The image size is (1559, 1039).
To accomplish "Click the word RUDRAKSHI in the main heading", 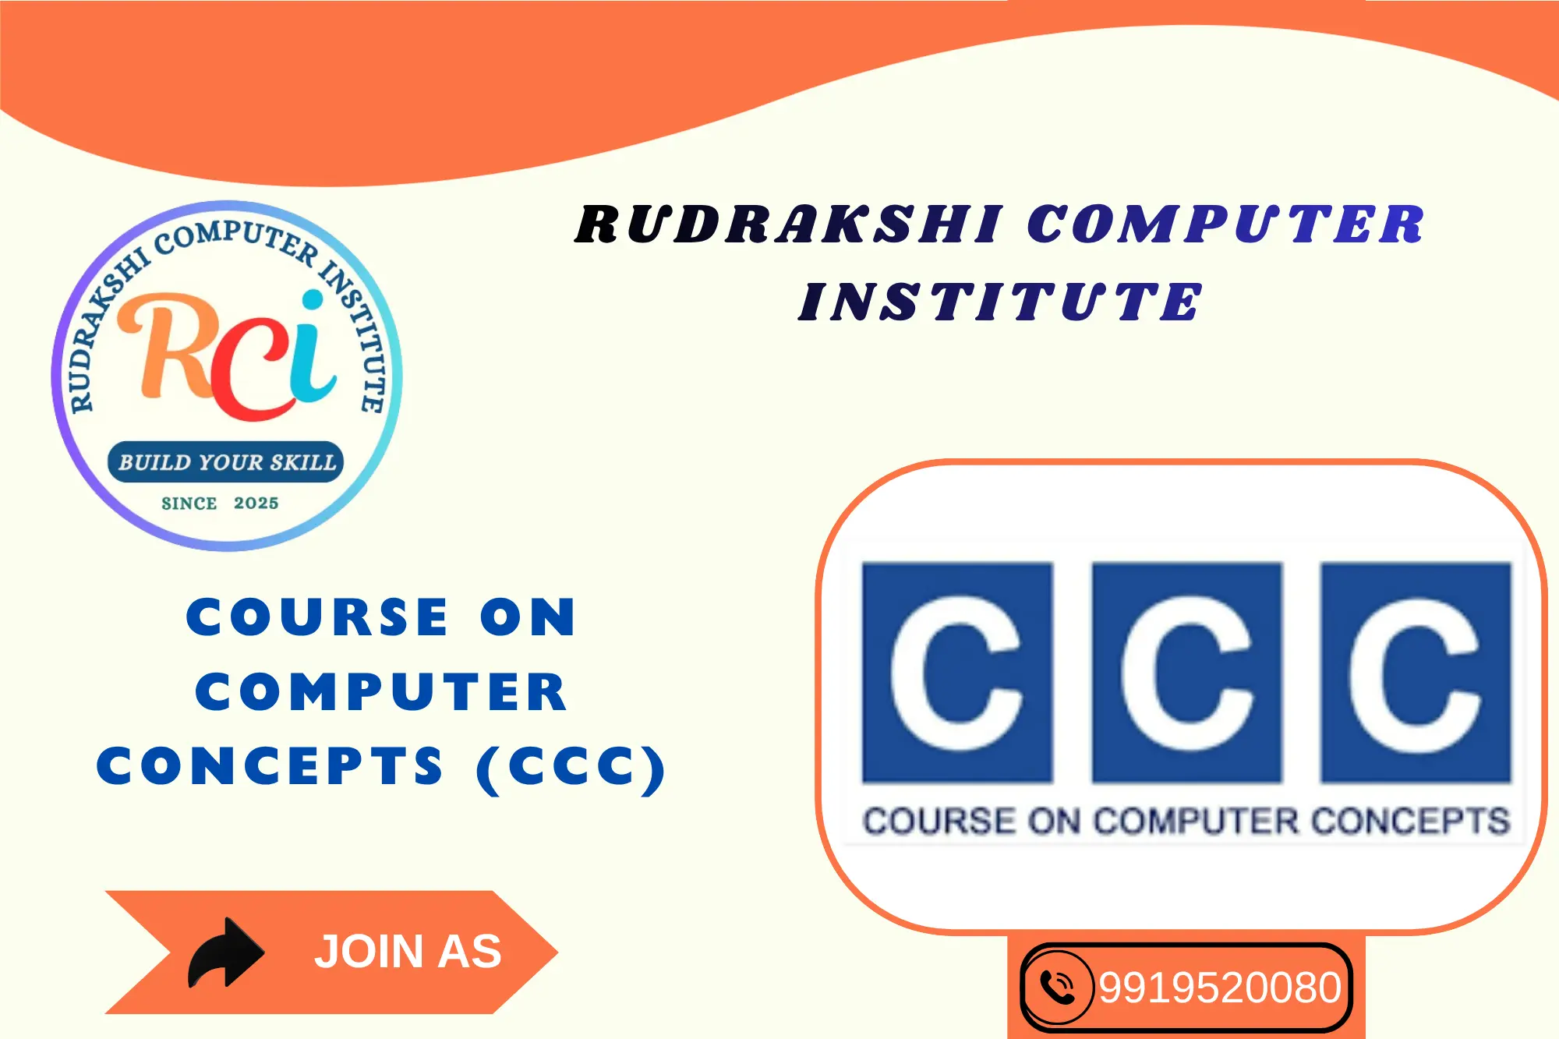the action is pyautogui.click(x=789, y=224).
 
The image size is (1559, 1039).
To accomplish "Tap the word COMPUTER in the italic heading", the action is pyautogui.click(x=1226, y=224).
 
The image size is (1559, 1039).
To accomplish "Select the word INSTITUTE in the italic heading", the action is pyautogui.click(x=1001, y=302).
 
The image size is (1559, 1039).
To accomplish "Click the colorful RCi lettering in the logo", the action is pyautogui.click(x=228, y=355).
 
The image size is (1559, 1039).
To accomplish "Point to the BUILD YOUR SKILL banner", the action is pyautogui.click(x=226, y=462).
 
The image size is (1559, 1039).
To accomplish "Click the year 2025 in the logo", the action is pyautogui.click(x=256, y=504).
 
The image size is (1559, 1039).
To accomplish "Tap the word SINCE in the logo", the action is pyautogui.click(x=189, y=504).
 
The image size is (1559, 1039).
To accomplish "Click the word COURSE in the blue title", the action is pyautogui.click(x=317, y=617).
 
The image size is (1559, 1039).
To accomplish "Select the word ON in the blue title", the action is pyautogui.click(x=528, y=617).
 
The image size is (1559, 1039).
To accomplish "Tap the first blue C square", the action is pyautogui.click(x=957, y=672).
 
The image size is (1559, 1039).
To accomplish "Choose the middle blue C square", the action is pyautogui.click(x=1187, y=672).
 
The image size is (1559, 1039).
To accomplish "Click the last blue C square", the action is pyautogui.click(x=1416, y=672).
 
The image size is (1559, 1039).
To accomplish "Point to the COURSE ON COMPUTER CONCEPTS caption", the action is pyautogui.click(x=1186, y=821).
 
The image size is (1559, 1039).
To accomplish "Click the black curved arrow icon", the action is pyautogui.click(x=226, y=952).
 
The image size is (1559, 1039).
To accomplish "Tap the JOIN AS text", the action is pyautogui.click(x=408, y=952).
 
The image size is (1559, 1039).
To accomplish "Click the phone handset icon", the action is pyautogui.click(x=1058, y=988).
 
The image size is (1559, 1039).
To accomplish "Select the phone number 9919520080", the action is pyautogui.click(x=1220, y=988).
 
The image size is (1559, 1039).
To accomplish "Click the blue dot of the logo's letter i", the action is pyautogui.click(x=313, y=300).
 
